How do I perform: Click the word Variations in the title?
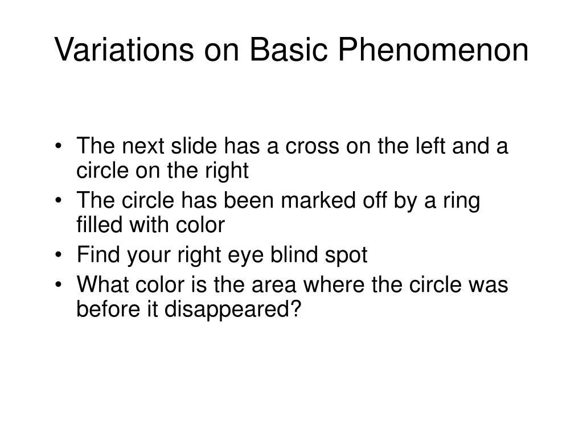[122, 50]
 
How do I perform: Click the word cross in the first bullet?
[310, 146]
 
